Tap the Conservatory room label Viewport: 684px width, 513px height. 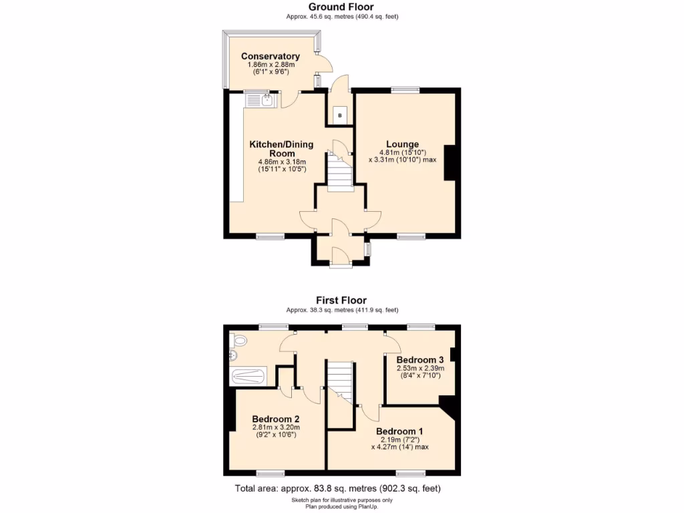270,56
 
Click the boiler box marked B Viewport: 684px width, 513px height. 339,116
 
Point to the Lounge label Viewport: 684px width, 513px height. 402,144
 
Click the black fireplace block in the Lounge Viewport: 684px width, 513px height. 450,162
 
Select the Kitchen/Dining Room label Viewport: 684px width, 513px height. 273,148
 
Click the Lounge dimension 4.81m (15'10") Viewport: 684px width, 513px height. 402,152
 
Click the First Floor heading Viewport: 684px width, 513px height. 341,301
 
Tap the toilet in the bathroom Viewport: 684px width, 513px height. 237,342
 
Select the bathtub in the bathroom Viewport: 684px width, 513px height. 248,377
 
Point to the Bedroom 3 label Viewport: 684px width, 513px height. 420,359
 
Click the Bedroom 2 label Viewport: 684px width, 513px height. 275,419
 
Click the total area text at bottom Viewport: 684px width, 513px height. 337,489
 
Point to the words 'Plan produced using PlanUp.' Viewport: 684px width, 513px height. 341,506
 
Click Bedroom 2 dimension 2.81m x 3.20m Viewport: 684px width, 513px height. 276,427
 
